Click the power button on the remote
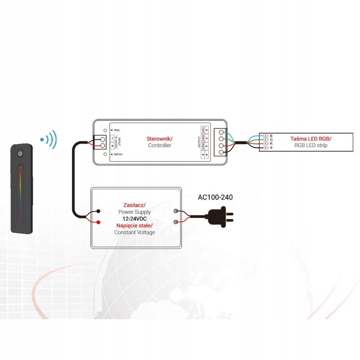pyautogui.click(x=20, y=154)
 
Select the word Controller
pyautogui.click(x=160, y=145)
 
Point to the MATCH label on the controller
pyautogui.click(x=118, y=154)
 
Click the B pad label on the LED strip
pyautogui.click(x=271, y=135)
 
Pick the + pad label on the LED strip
pyautogui.click(x=271, y=148)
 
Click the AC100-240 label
pyautogui.click(x=215, y=197)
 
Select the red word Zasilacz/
pyautogui.click(x=134, y=204)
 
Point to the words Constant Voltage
pyautogui.click(x=135, y=232)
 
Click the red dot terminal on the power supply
pyautogui.click(x=99, y=221)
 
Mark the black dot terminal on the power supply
pyautogui.click(x=99, y=211)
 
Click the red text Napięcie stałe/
pyautogui.click(x=135, y=225)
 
